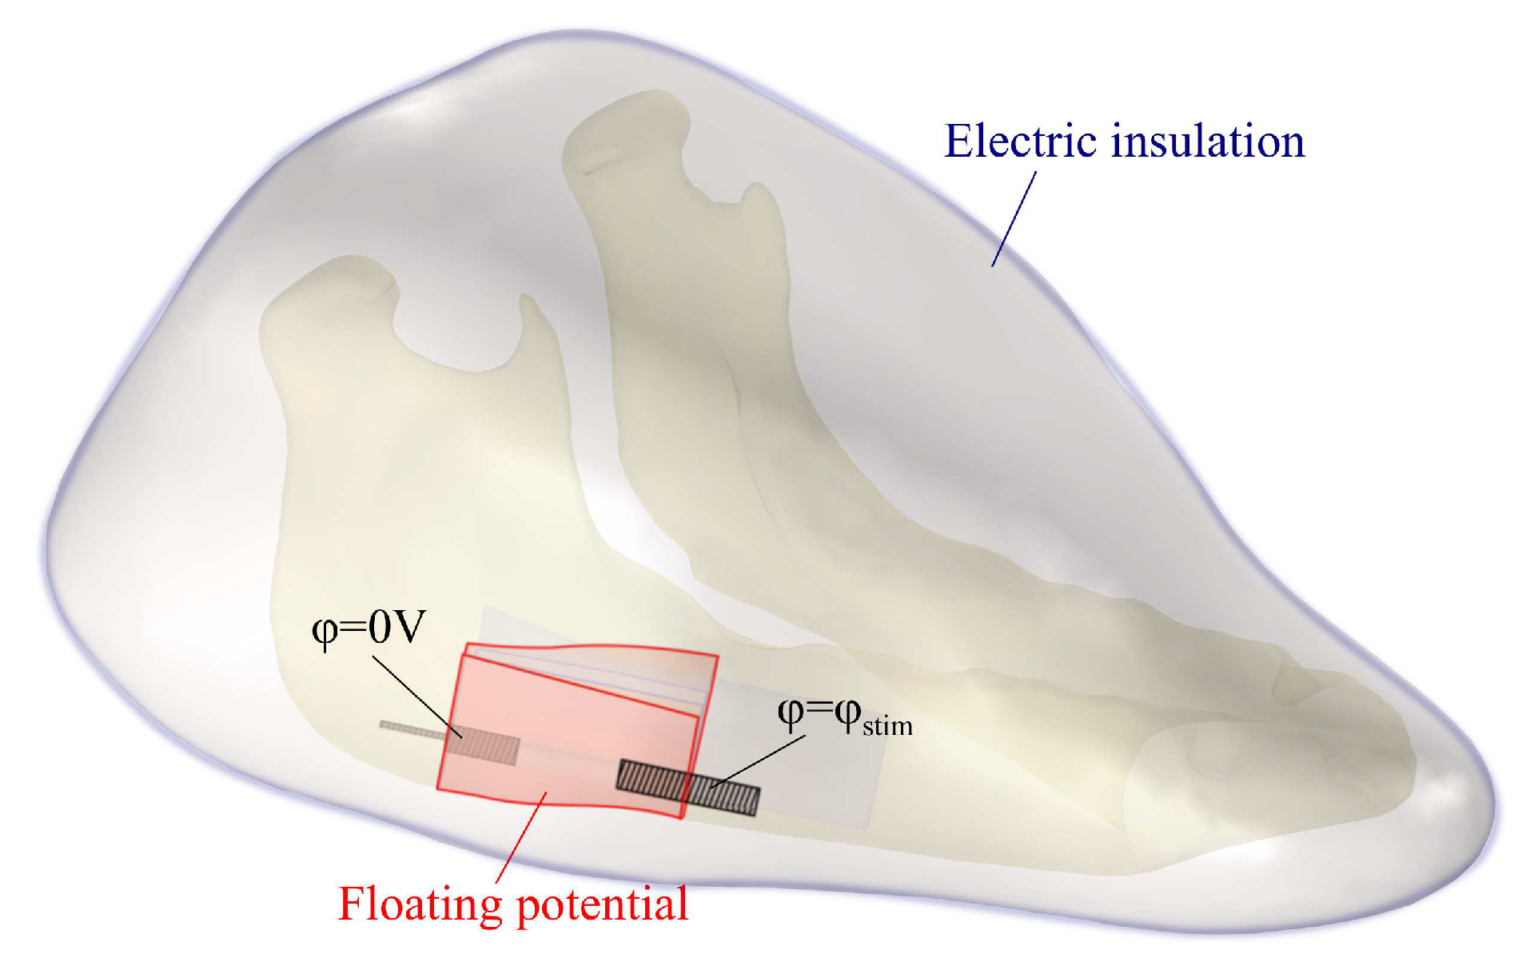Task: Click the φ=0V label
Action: [x=369, y=628]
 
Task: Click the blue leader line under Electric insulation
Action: [x=1014, y=218]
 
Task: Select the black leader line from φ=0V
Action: [x=416, y=696]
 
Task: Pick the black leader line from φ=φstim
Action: [x=759, y=760]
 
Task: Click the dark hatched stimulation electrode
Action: [x=687, y=787]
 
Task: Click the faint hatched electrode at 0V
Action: [x=484, y=747]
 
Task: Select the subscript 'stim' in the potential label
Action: [x=887, y=726]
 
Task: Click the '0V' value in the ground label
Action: [x=395, y=628]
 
